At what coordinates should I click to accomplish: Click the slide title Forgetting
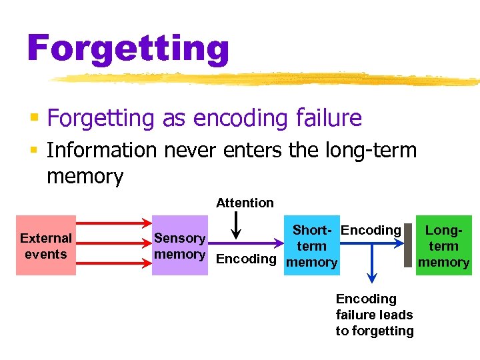click(x=128, y=49)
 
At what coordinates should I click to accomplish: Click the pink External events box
click(x=45, y=245)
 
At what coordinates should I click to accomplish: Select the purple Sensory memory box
click(x=179, y=245)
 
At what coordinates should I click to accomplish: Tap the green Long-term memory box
click(x=443, y=245)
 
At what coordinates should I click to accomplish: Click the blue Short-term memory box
click(x=311, y=246)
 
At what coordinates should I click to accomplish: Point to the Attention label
click(x=245, y=203)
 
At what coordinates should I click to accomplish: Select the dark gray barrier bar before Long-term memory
click(x=408, y=245)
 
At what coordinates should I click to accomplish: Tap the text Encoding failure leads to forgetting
click(x=374, y=315)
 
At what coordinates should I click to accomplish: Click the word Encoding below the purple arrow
click(x=246, y=259)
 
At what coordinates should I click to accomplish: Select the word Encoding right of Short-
click(x=371, y=231)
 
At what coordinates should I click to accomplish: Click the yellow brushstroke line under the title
click(x=267, y=79)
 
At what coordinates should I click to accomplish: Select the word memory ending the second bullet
click(x=85, y=177)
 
